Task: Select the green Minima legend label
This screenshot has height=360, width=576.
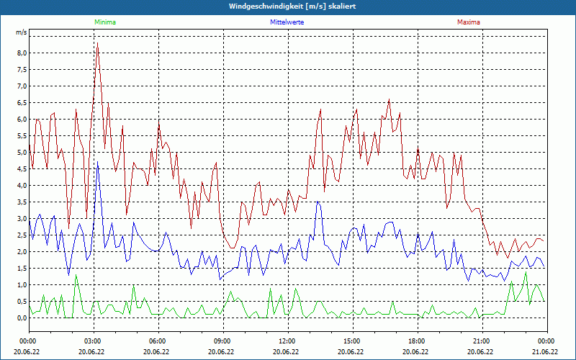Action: pyautogui.click(x=104, y=22)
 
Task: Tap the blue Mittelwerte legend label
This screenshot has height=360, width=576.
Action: pyautogui.click(x=287, y=22)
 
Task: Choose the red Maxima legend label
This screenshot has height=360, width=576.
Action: pyautogui.click(x=468, y=22)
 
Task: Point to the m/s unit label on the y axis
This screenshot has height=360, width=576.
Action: pyautogui.click(x=22, y=32)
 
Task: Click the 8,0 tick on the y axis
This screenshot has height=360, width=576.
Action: pyautogui.click(x=22, y=53)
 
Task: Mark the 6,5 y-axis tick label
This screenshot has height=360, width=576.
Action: pyautogui.click(x=22, y=103)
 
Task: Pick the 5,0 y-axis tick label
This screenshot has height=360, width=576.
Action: pyautogui.click(x=22, y=153)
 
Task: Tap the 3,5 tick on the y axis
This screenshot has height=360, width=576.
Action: pyautogui.click(x=22, y=202)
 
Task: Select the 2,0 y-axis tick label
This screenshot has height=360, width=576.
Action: pyautogui.click(x=22, y=252)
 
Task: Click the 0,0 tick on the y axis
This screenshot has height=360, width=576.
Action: pyautogui.click(x=22, y=318)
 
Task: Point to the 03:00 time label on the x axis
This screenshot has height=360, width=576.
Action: pyautogui.click(x=93, y=341)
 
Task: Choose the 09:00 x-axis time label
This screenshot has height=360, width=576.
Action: pyautogui.click(x=222, y=341)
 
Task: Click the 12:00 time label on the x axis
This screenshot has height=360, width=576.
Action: pyautogui.click(x=287, y=341)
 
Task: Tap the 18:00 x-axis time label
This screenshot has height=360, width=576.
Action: pyautogui.click(x=417, y=341)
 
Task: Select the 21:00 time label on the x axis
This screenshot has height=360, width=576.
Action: pyautogui.click(x=482, y=341)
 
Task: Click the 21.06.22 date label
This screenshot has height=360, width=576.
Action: pyautogui.click(x=545, y=352)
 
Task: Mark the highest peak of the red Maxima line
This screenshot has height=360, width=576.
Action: pyautogui.click(x=97, y=45)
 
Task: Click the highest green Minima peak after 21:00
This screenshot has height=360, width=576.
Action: pyautogui.click(x=526, y=271)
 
